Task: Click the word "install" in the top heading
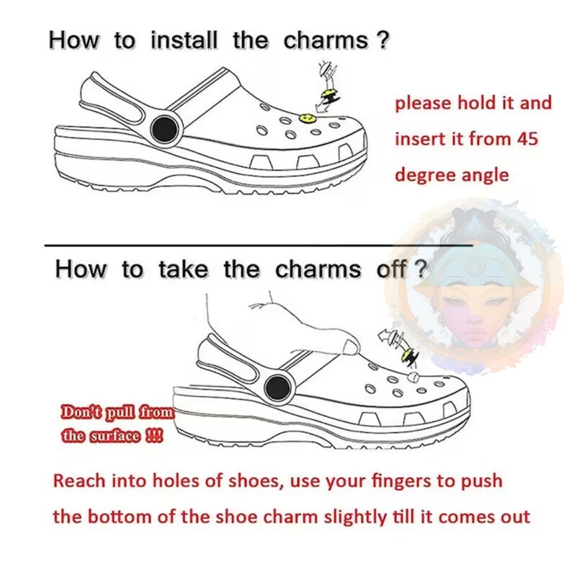coord(183,40)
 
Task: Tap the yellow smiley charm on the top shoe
coord(308,116)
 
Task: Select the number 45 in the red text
coord(526,138)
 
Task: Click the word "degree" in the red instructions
coord(426,174)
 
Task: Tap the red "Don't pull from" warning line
coord(118,414)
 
